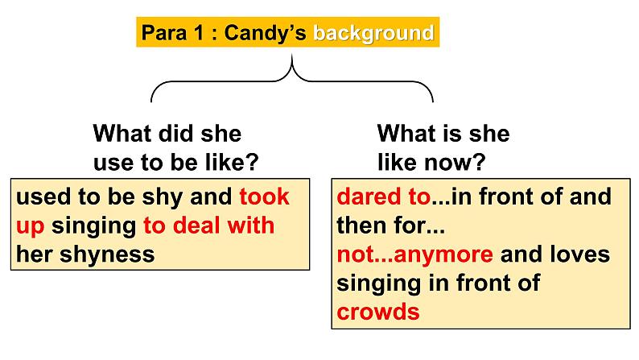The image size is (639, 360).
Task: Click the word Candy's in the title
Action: (266, 33)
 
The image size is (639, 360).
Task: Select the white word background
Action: (373, 33)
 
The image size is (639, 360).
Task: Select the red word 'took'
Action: (264, 197)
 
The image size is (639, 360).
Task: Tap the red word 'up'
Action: (30, 226)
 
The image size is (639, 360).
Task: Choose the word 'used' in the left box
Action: (40, 197)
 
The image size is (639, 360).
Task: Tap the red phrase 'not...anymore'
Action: (414, 255)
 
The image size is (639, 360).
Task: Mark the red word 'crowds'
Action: (378, 312)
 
